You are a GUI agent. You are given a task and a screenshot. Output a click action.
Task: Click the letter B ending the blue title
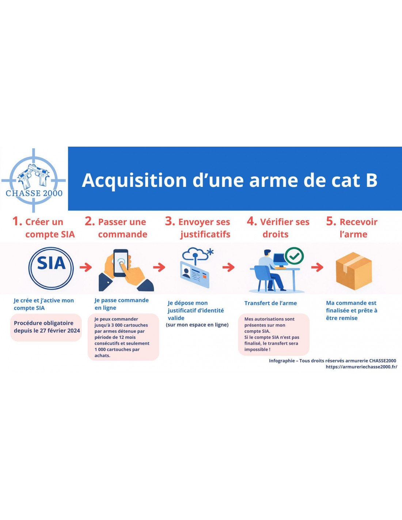(x=371, y=180)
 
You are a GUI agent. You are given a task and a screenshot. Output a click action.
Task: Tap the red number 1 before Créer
(x=16, y=221)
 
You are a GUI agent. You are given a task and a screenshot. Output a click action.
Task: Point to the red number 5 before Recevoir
(x=330, y=221)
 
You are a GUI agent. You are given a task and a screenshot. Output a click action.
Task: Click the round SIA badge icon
(x=51, y=268)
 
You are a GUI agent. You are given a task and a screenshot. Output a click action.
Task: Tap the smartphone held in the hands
(x=121, y=263)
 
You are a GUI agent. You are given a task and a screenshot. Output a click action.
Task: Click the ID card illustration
(x=194, y=275)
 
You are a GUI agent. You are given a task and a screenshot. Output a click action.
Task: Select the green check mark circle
(x=294, y=256)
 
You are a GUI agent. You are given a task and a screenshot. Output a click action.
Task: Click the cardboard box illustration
(x=353, y=271)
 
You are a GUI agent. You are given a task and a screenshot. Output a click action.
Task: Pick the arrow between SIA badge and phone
(x=86, y=267)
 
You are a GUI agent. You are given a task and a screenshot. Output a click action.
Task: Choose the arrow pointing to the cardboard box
(x=317, y=267)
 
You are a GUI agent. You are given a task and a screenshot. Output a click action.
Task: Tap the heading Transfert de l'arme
(x=270, y=303)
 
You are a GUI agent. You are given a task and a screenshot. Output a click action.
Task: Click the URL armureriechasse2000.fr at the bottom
(x=361, y=367)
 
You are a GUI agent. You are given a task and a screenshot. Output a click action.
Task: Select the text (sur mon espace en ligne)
(x=197, y=325)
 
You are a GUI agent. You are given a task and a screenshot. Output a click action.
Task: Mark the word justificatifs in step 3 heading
(x=205, y=234)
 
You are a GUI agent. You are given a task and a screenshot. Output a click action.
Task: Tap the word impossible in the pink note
(x=257, y=350)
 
